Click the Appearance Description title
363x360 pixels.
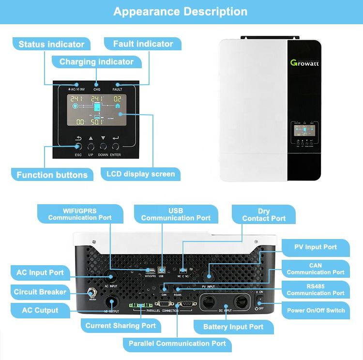pyautogui.click(x=180, y=11)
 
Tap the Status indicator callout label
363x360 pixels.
pyautogui.click(x=51, y=45)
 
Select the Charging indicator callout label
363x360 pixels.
pyautogui.click(x=96, y=62)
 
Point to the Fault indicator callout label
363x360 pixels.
pyautogui.click(x=143, y=44)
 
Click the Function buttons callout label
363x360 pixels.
pyautogui.click(x=52, y=175)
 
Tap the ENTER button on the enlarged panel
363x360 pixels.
pyautogui.click(x=116, y=146)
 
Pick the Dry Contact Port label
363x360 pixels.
pyautogui.click(x=264, y=215)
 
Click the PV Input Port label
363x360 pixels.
pyautogui.click(x=316, y=247)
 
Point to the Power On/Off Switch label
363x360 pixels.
pyautogui.click(x=316, y=310)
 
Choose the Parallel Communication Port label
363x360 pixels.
pyautogui.click(x=177, y=344)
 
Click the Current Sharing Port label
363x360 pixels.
pyautogui.click(x=121, y=326)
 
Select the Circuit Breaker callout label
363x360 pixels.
pyautogui.click(x=40, y=292)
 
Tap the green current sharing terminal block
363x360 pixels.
pyautogui.click(x=137, y=306)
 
